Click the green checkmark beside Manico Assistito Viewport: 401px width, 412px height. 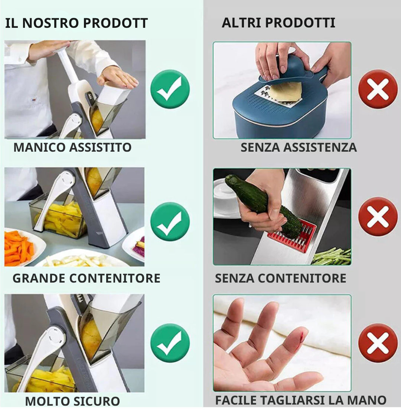[170, 89]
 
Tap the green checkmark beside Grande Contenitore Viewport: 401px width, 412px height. [170, 221]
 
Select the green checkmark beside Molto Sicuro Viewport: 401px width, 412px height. [170, 343]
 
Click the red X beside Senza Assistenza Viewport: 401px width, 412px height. [378, 89]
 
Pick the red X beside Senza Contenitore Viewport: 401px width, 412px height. [378, 217]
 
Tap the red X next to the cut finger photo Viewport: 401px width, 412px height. [378, 343]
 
